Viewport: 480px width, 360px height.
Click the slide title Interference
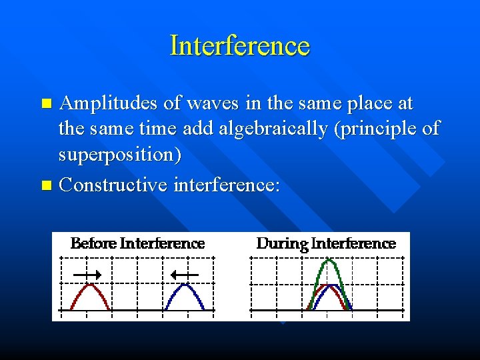(x=240, y=46)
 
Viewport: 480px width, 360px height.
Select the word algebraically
(x=271, y=129)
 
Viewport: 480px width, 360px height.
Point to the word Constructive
(x=113, y=184)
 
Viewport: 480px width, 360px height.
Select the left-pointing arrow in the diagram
(x=184, y=274)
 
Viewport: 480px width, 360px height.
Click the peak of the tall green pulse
(x=327, y=261)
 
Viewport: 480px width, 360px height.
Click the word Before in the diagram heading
(x=93, y=243)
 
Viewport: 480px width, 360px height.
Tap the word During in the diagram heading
(x=281, y=243)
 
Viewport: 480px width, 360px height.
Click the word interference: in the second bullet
(x=227, y=184)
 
